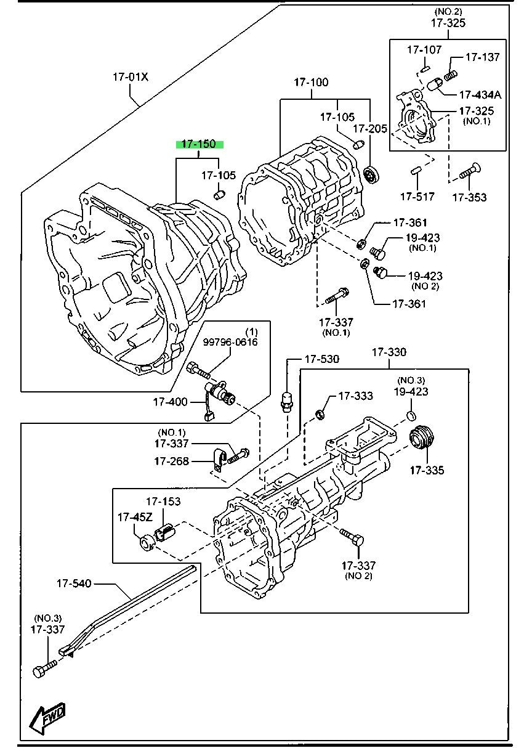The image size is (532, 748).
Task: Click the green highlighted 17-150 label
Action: pyautogui.click(x=200, y=144)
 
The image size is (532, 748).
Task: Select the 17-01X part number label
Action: pyautogui.click(x=131, y=77)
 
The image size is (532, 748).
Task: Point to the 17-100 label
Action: pyautogui.click(x=311, y=82)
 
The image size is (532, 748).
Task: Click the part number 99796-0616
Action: pyautogui.click(x=231, y=341)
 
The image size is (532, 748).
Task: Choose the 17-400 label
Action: pyautogui.click(x=170, y=402)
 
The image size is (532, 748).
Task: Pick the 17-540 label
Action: pyautogui.click(x=74, y=583)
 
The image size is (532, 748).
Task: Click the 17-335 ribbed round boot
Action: pyautogui.click(x=422, y=439)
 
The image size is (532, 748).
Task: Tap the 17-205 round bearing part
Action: pyautogui.click(x=371, y=174)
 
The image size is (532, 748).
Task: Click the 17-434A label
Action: pyautogui.click(x=480, y=95)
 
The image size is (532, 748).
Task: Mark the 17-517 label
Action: pyautogui.click(x=417, y=197)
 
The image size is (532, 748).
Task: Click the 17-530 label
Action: pyautogui.click(x=322, y=359)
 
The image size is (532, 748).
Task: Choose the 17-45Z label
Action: pyautogui.click(x=135, y=518)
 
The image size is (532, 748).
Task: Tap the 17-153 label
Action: pyautogui.click(x=163, y=501)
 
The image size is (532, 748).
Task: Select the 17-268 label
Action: pyautogui.click(x=172, y=461)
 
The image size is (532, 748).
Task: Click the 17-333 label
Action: pyautogui.click(x=356, y=396)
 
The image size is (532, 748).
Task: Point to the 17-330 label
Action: pyautogui.click(x=389, y=352)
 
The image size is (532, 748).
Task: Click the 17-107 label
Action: pyautogui.click(x=424, y=50)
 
